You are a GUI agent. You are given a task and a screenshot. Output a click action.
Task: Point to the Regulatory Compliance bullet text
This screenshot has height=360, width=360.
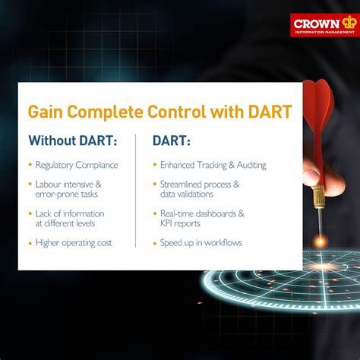[x=76, y=165]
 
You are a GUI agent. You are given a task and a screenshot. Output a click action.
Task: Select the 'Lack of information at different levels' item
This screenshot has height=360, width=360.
[x=70, y=219]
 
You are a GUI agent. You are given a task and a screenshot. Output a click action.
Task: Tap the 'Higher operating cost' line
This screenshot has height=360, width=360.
[x=74, y=243]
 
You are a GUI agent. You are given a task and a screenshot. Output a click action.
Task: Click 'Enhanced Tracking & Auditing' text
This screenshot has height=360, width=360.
[x=213, y=165]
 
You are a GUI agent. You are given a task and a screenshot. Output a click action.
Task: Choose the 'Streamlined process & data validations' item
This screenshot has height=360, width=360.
[x=199, y=189]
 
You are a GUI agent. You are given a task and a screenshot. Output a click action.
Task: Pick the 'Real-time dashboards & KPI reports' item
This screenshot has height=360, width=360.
[x=201, y=219]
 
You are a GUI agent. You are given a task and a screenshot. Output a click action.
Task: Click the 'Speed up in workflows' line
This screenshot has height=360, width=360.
[x=201, y=243]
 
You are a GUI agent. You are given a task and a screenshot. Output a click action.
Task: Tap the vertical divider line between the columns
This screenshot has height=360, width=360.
[x=135, y=191]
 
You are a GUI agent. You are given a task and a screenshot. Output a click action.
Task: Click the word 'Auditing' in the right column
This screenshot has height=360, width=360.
[x=247, y=165]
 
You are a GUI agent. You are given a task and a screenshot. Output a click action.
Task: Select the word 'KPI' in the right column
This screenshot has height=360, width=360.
[x=169, y=224]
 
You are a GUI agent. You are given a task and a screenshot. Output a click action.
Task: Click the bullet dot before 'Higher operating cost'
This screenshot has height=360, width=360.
[x=30, y=243]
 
